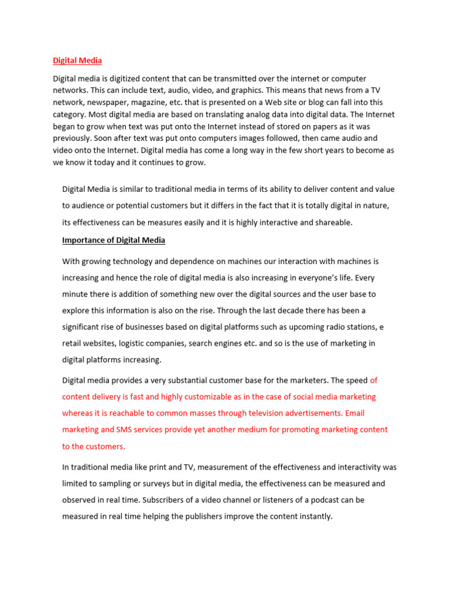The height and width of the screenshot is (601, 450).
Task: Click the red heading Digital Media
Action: [77, 60]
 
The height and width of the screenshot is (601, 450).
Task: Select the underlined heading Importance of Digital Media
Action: [114, 240]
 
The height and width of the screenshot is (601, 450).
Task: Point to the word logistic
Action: [148, 343]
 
